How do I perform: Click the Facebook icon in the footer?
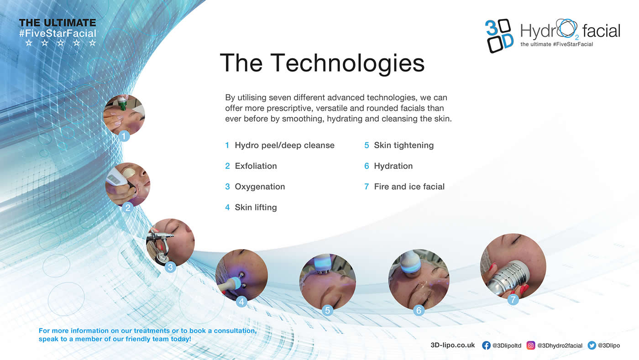point(486,345)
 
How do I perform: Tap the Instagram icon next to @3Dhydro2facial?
point(530,345)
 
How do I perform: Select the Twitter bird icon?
point(592,345)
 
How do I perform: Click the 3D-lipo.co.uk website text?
point(453,345)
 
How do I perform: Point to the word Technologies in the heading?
point(347,63)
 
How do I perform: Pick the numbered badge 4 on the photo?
point(241,302)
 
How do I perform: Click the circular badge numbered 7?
point(513,299)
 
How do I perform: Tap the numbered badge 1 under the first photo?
point(124,136)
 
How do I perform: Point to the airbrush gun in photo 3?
point(160,242)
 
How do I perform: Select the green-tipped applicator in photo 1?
point(122,103)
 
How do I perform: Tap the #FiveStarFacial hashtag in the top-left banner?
point(58,33)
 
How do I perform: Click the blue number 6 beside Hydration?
point(367,166)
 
